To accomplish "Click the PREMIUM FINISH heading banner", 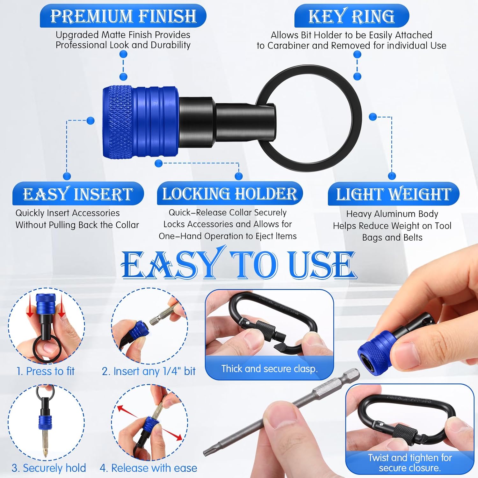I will [x=123, y=16].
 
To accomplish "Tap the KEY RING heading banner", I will [x=351, y=16].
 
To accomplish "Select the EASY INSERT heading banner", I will [x=78, y=194].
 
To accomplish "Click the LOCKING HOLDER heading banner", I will [x=229, y=193].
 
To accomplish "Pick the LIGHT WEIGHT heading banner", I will [x=394, y=194].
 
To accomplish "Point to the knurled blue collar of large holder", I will [x=118, y=121].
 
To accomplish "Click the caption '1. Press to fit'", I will [x=45, y=371].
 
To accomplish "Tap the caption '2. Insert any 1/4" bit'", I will [x=148, y=371].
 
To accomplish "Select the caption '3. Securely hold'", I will [x=49, y=468].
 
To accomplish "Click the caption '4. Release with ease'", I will [x=148, y=468].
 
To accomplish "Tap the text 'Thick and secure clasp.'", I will [x=269, y=369].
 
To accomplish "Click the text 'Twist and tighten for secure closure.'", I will [x=410, y=463].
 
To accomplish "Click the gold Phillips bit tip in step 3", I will [x=46, y=448].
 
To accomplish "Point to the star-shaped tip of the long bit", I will [x=207, y=451].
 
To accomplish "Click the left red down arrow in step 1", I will [x=30, y=309].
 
